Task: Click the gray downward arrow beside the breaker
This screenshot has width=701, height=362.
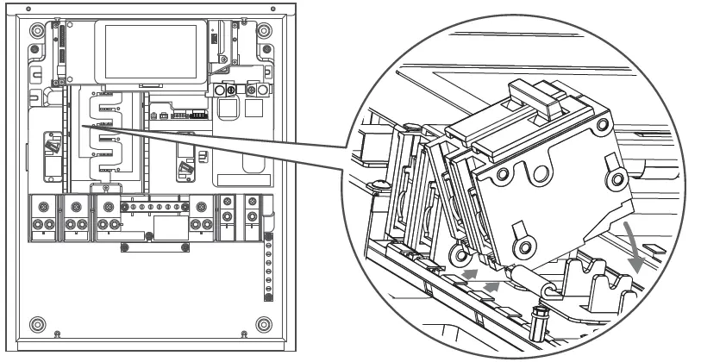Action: click(x=639, y=247)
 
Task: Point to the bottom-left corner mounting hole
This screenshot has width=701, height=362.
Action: click(x=36, y=324)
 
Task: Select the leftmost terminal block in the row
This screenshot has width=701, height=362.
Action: click(x=41, y=217)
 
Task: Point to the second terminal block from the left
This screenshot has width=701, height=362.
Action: click(x=77, y=217)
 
